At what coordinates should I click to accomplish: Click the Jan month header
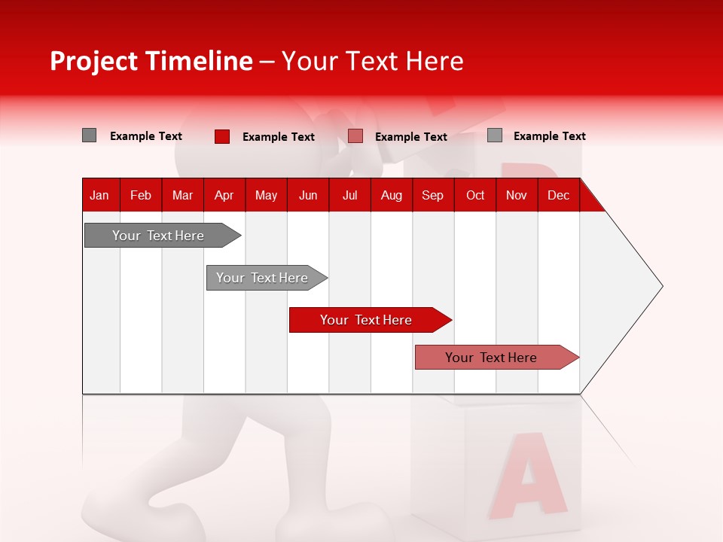(99, 196)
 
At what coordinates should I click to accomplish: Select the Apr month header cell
(224, 196)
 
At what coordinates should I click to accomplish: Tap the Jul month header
(349, 196)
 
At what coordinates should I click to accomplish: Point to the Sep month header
(432, 196)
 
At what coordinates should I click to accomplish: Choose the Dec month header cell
(558, 196)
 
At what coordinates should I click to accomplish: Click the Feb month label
(141, 196)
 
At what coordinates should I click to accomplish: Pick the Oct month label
(475, 196)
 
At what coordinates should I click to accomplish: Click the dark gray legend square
(89, 135)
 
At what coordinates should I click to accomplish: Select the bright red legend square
(221, 136)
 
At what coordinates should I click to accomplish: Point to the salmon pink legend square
(355, 136)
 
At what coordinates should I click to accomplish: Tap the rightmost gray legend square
(494, 135)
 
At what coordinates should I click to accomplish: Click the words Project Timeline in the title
(151, 61)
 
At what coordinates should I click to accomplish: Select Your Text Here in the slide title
(373, 61)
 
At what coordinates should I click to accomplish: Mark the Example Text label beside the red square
(279, 137)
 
